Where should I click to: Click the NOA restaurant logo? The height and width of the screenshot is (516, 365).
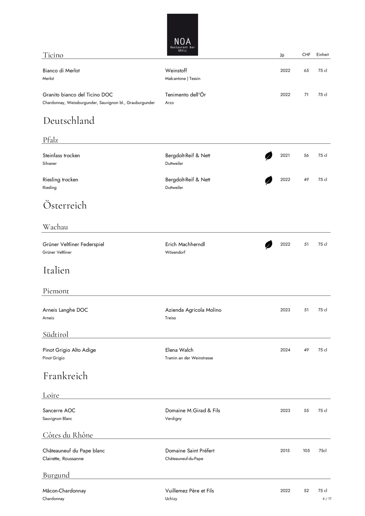182,35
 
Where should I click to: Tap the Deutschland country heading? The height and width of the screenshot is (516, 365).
69,121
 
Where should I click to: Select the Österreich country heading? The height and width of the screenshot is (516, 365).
65,205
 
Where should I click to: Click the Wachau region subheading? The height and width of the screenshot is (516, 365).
55,227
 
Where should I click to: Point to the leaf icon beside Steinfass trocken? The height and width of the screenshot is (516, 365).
269,156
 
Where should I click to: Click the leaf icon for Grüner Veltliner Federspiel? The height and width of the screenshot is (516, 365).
269,245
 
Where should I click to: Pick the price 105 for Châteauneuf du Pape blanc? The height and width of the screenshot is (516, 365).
306,451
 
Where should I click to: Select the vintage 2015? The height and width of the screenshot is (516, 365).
285,451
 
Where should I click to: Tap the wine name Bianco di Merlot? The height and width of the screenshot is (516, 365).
61,71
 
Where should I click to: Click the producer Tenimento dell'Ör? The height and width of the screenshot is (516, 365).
185,95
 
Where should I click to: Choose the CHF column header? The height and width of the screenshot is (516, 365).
306,55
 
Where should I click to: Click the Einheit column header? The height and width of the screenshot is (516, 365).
323,55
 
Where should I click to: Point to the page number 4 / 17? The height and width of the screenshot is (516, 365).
327,499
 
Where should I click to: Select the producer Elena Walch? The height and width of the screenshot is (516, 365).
179,350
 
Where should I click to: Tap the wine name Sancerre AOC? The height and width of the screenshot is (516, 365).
59,411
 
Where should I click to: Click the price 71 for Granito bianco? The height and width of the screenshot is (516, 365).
306,95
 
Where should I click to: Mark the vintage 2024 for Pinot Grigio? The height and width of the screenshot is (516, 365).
285,350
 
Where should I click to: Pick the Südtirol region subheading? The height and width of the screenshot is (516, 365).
56,334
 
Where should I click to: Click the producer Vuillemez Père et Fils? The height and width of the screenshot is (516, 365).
189,491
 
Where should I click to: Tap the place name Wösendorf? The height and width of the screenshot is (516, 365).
175,252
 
